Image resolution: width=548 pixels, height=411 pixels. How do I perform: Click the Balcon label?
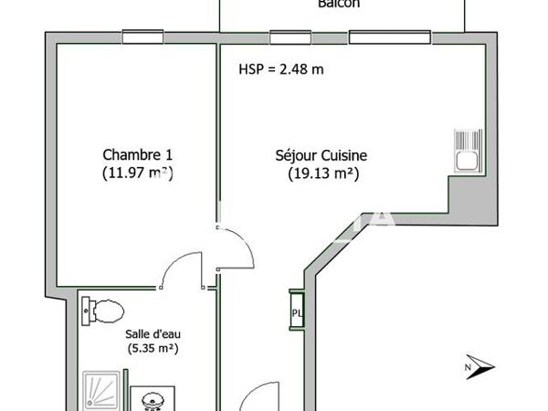point(339,5)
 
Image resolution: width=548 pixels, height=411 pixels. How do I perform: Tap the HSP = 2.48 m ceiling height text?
point(281,69)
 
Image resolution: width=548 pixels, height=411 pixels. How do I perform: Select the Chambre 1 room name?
point(137,154)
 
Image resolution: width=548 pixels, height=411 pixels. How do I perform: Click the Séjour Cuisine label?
point(315,156)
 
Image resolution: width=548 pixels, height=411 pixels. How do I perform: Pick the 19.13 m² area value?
point(316,173)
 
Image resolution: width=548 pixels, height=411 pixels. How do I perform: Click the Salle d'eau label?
point(151,334)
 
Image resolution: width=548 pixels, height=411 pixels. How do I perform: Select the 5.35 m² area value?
point(151,348)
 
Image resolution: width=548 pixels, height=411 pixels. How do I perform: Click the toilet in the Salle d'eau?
point(102,311)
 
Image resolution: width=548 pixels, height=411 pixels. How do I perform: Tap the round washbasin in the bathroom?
point(150,399)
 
